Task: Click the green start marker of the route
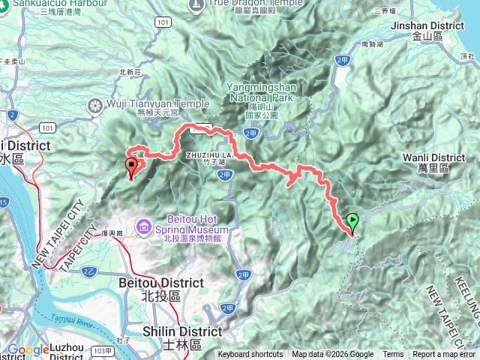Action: pos(352,222)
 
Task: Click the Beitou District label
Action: pos(160,283)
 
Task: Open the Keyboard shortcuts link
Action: pos(250,355)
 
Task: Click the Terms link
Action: pos(393,355)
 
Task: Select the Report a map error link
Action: pos(445,355)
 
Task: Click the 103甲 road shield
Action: pos(106,351)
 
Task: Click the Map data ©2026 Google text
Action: pos(332,355)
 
